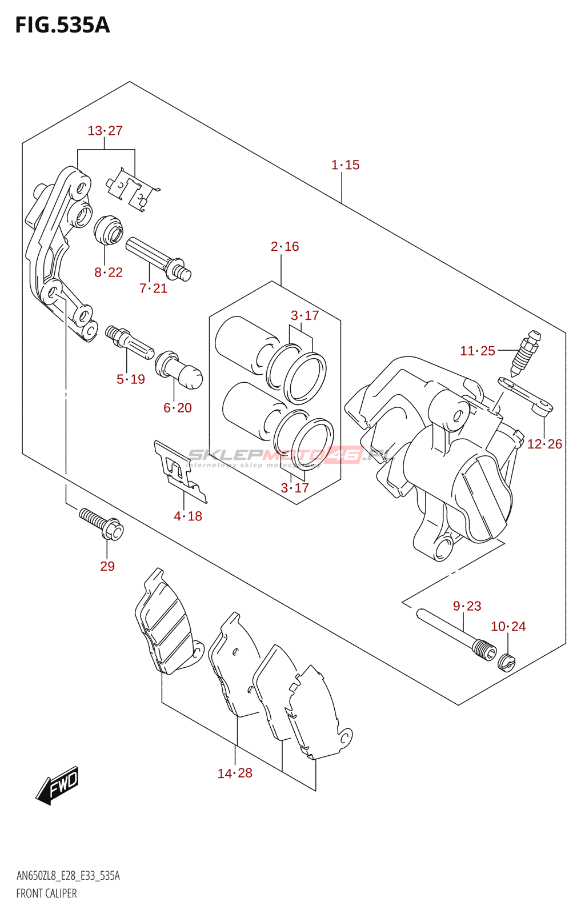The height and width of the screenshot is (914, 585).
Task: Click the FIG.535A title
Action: (x=62, y=25)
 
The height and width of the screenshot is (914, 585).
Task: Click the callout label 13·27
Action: (x=105, y=131)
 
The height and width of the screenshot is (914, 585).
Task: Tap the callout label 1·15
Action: (x=345, y=165)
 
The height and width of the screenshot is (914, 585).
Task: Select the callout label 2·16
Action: (x=285, y=246)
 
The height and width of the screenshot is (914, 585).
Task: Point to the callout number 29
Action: (x=107, y=566)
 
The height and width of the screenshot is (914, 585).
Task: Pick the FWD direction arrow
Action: (x=58, y=785)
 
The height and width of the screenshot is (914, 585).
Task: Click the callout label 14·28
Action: (x=235, y=773)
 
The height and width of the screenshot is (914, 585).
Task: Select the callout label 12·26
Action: (x=544, y=444)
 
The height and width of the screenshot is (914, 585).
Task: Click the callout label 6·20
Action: (x=178, y=408)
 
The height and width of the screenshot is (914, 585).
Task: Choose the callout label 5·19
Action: (x=131, y=379)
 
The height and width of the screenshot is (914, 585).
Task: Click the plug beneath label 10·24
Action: (x=506, y=663)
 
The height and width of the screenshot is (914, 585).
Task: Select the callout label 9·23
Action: (x=467, y=606)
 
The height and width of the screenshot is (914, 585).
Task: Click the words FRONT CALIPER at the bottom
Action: (x=46, y=893)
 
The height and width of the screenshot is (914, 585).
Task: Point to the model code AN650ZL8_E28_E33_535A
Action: (x=68, y=876)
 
